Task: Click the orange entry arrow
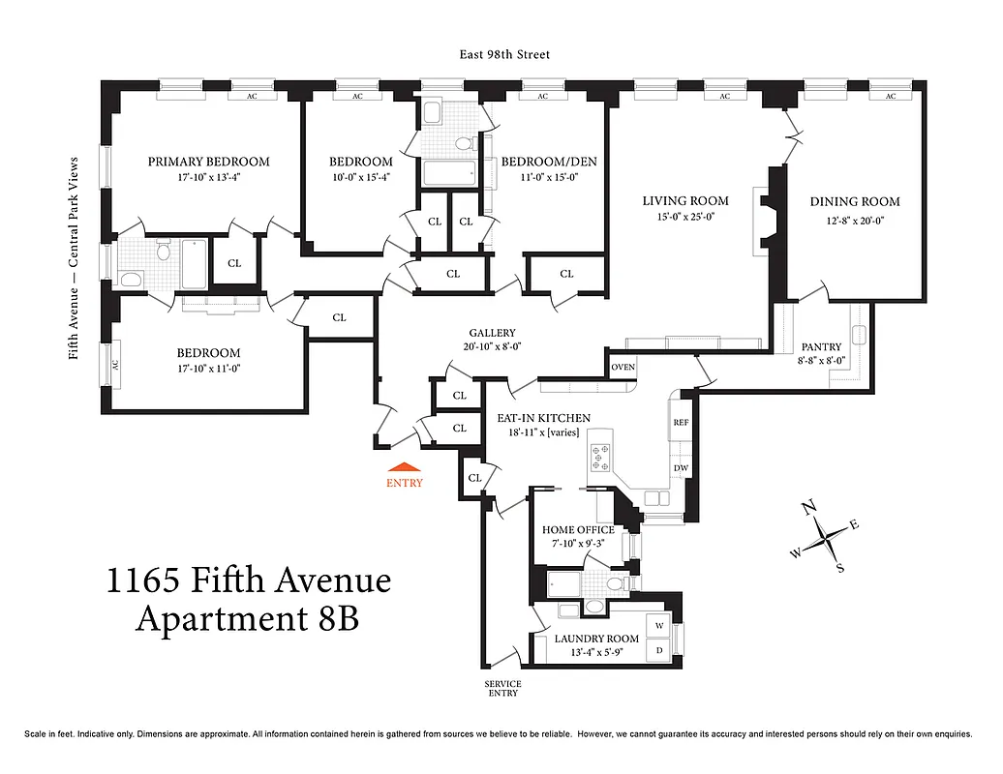click(x=404, y=467)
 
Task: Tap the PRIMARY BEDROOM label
click(x=208, y=162)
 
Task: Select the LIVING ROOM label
click(x=685, y=201)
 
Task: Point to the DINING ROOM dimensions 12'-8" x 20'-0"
click(x=855, y=220)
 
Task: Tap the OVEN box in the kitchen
click(x=623, y=367)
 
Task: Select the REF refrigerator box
click(x=681, y=423)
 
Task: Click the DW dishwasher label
click(x=681, y=469)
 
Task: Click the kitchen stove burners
click(x=593, y=455)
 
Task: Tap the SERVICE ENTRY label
click(x=502, y=688)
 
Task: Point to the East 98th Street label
click(x=504, y=55)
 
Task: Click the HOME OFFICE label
click(x=578, y=530)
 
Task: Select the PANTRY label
click(x=821, y=346)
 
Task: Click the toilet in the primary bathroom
click(x=163, y=253)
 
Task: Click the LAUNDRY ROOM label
click(x=596, y=639)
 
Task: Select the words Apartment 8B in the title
click(x=247, y=618)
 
